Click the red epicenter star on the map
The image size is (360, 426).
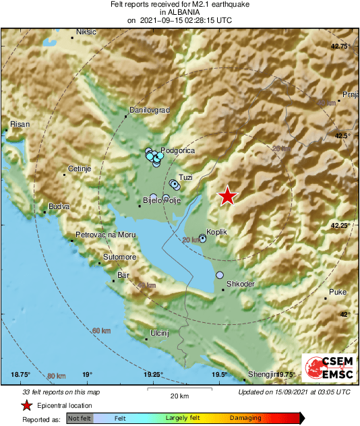tap(229, 196)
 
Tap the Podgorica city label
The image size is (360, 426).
tap(180, 150)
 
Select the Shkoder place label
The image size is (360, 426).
tap(241, 284)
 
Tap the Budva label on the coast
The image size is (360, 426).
tap(59, 207)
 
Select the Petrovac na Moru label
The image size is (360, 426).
tap(105, 234)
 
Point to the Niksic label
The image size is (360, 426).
tap(87, 32)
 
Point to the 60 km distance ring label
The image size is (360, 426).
tap(101, 331)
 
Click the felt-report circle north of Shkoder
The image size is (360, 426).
tap(220, 275)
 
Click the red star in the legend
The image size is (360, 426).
tap(26, 405)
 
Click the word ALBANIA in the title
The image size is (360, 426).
tap(179, 12)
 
